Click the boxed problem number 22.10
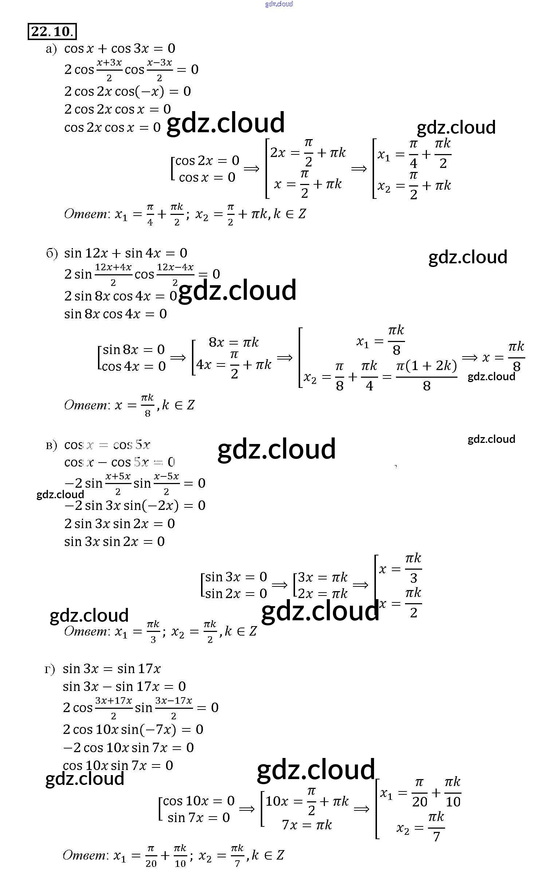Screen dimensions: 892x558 52,31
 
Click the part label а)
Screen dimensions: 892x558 51,49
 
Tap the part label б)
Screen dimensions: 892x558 52,254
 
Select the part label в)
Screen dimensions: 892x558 51,445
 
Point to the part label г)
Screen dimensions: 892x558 50,669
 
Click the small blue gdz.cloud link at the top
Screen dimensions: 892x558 279,4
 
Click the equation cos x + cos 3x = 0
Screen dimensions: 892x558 119,48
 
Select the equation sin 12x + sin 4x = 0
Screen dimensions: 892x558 125,253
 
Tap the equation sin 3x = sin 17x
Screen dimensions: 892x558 111,668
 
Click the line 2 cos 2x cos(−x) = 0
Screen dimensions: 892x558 127,91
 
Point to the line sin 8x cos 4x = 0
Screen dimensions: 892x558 115,314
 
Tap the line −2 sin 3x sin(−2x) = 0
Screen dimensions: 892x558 135,505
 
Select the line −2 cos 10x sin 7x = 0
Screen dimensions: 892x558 128,747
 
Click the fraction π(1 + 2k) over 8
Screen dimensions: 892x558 426,375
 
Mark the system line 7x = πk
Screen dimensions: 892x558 307,825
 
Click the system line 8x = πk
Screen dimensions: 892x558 233,342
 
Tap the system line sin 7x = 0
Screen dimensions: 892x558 199,817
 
